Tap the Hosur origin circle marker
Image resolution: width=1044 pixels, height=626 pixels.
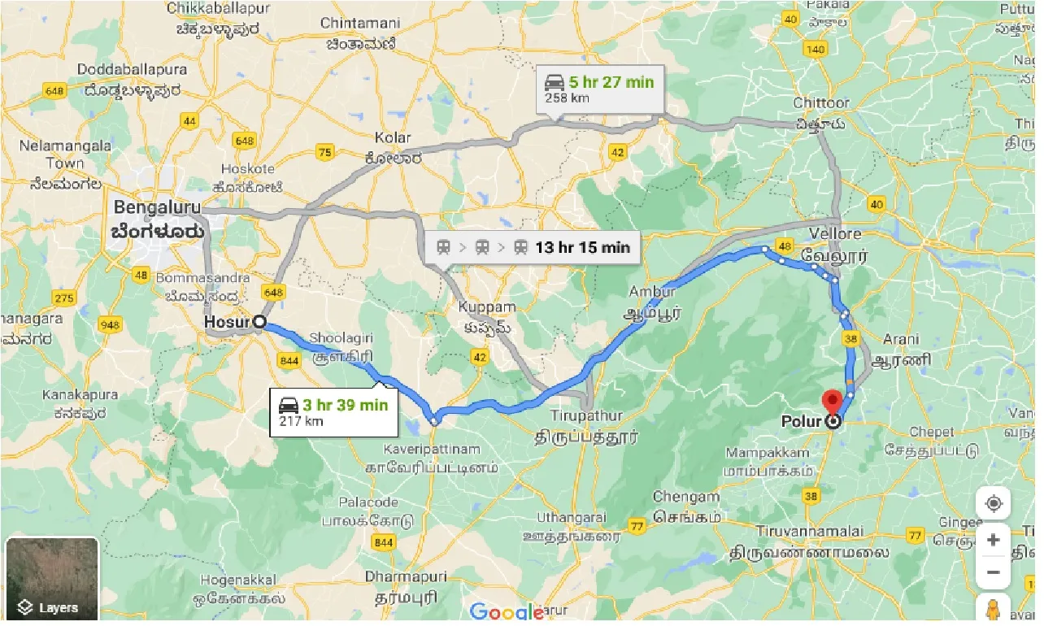(259, 322)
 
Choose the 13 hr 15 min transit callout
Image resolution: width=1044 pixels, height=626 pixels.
(533, 247)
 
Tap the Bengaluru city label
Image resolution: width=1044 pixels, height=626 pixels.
(157, 208)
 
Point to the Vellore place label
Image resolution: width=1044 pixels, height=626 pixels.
(835, 234)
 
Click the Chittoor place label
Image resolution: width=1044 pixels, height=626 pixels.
(821, 103)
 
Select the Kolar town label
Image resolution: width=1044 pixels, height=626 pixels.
(393, 137)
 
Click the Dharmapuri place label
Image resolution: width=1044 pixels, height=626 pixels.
(406, 576)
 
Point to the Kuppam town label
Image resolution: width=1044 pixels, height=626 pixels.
(487, 308)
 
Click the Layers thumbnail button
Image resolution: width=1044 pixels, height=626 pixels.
(52, 580)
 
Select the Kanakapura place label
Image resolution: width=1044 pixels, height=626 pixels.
(80, 395)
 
